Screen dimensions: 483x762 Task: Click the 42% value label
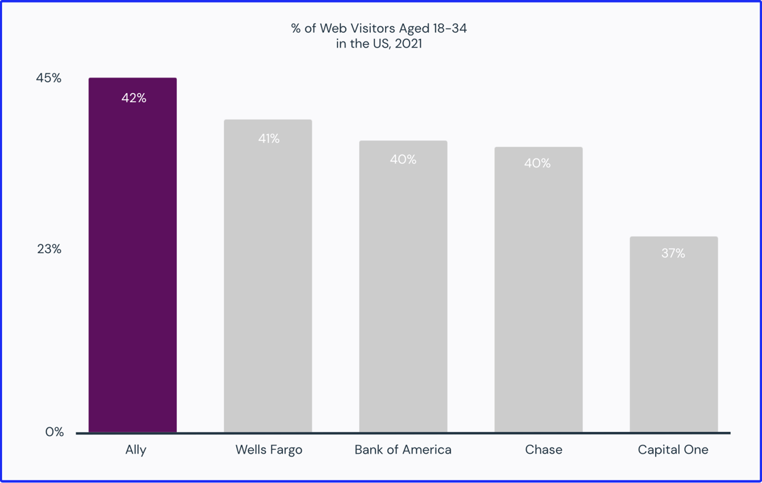[x=134, y=98]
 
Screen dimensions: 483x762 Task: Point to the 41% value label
[x=269, y=139]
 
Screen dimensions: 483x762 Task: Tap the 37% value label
[x=673, y=253]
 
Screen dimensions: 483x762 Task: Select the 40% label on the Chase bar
[x=537, y=163]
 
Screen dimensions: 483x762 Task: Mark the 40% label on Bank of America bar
[x=403, y=159]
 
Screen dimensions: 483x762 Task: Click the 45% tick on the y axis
[x=49, y=78]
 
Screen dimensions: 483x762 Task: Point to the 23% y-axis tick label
[x=49, y=249]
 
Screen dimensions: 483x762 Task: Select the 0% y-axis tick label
[x=54, y=432]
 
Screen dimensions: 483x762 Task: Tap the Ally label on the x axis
[x=135, y=450]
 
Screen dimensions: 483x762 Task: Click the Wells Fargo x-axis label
[x=269, y=450]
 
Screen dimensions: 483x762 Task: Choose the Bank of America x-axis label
[x=403, y=450]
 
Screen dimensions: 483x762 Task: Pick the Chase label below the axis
[x=544, y=450]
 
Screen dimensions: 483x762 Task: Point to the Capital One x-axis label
[x=673, y=450]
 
